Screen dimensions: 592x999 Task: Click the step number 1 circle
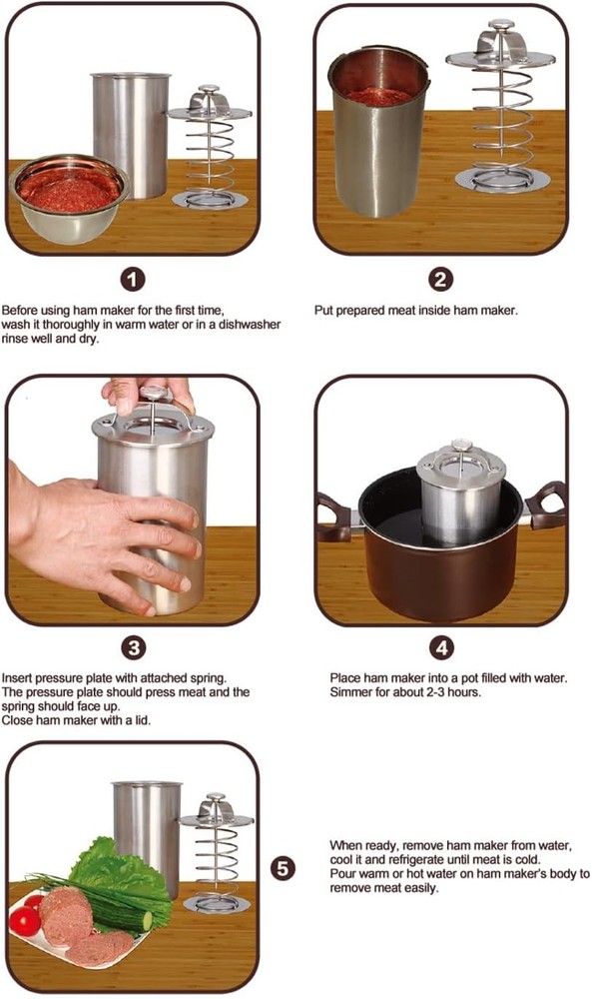(133, 279)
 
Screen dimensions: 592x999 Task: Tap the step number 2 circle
(441, 279)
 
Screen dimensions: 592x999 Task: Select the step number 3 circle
(133, 648)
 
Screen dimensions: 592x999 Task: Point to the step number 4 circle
(442, 648)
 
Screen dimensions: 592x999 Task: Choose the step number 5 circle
(284, 868)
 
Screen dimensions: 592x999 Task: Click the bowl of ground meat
(69, 199)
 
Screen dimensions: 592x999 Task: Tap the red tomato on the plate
(26, 922)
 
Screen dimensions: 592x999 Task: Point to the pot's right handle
(546, 506)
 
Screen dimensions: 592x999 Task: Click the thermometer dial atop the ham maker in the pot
(459, 445)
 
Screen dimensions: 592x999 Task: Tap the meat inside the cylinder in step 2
(378, 96)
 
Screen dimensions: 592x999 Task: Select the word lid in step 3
(144, 720)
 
